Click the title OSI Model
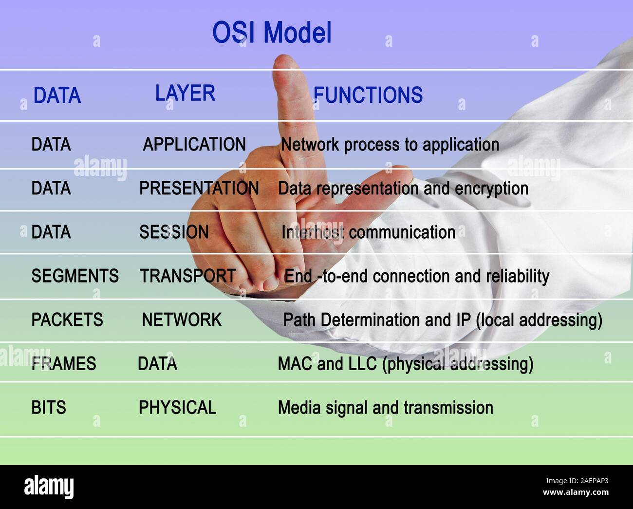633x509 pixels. [272, 33]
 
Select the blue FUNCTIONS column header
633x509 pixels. [368, 95]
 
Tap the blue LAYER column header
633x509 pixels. [185, 93]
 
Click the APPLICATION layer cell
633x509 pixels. [194, 145]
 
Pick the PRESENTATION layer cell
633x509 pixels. [199, 189]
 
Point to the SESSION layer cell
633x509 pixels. [174, 232]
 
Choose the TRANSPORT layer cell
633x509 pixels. [188, 276]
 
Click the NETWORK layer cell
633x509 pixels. [182, 320]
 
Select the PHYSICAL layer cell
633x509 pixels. [177, 408]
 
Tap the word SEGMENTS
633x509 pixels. [75, 276]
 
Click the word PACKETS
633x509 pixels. [67, 320]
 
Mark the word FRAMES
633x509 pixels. [64, 364]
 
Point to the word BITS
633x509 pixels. [49, 408]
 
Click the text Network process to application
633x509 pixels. [390, 145]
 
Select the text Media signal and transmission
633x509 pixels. [385, 408]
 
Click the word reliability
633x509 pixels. [518, 276]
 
